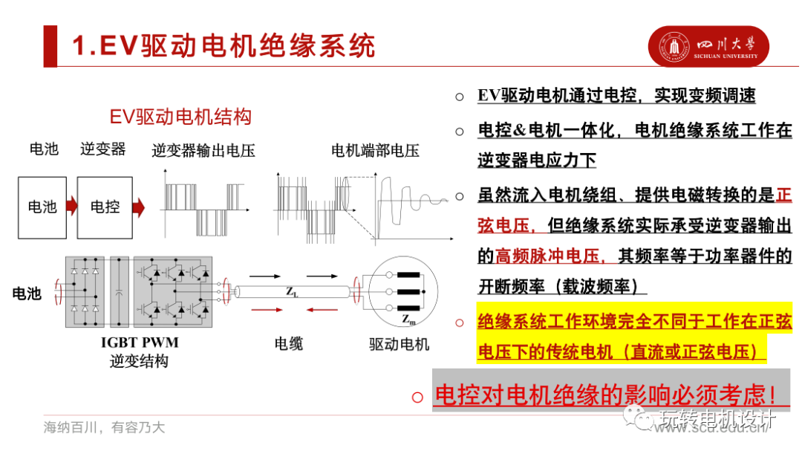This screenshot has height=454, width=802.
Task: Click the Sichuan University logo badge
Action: (708, 47)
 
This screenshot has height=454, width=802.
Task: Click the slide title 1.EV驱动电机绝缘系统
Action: (224, 46)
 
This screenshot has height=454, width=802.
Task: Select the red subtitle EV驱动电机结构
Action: (180, 117)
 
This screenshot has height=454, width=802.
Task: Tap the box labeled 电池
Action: (42, 207)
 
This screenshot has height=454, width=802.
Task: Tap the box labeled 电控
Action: (105, 207)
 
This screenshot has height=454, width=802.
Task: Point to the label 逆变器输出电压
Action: (203, 151)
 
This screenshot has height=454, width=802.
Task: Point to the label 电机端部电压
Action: (375, 151)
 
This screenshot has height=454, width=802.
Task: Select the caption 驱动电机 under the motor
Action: (400, 344)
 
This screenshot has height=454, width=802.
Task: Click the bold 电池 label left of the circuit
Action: (27, 294)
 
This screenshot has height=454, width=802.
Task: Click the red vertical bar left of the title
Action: (50, 46)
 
